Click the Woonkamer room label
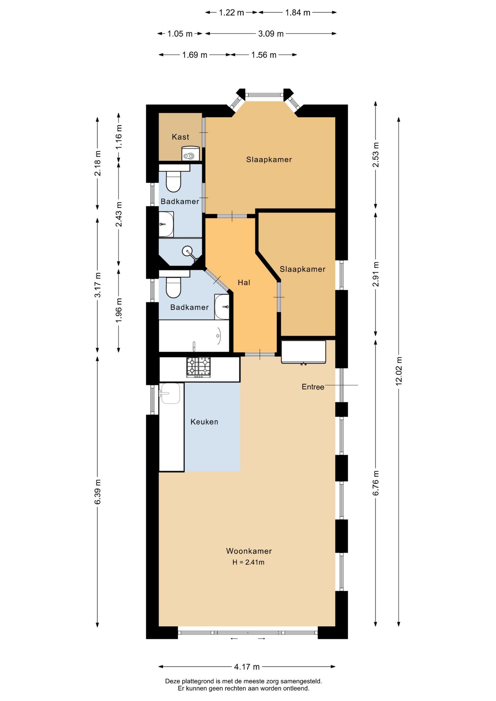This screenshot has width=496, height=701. pos(249,551)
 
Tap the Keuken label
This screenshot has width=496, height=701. pos(204,422)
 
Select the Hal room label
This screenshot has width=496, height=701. pos(244,282)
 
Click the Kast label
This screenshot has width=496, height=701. pos(180,137)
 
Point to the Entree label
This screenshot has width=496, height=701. pos(313,387)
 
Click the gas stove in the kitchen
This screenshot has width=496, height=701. pos(199,367)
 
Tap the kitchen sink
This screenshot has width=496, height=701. pos(170,394)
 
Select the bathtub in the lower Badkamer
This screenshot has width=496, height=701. pos(194,336)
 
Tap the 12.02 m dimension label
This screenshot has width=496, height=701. pos(398,371)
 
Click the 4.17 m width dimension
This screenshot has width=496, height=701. pos(247,667)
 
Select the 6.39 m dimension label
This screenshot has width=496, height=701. pos(98,492)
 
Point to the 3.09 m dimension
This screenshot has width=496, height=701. pos(271,34)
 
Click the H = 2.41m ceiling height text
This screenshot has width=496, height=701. pos(248,562)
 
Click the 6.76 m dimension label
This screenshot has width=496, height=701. pos(375,483)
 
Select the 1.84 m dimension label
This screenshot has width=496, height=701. pos(298,13)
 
